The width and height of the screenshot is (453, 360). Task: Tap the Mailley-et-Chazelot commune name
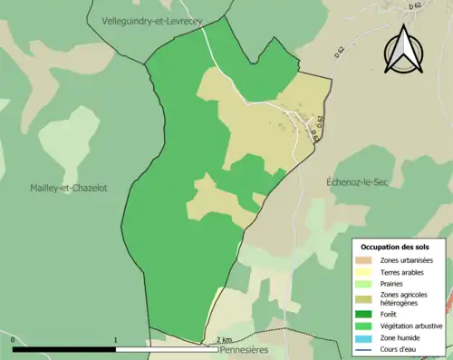point(68,188)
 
